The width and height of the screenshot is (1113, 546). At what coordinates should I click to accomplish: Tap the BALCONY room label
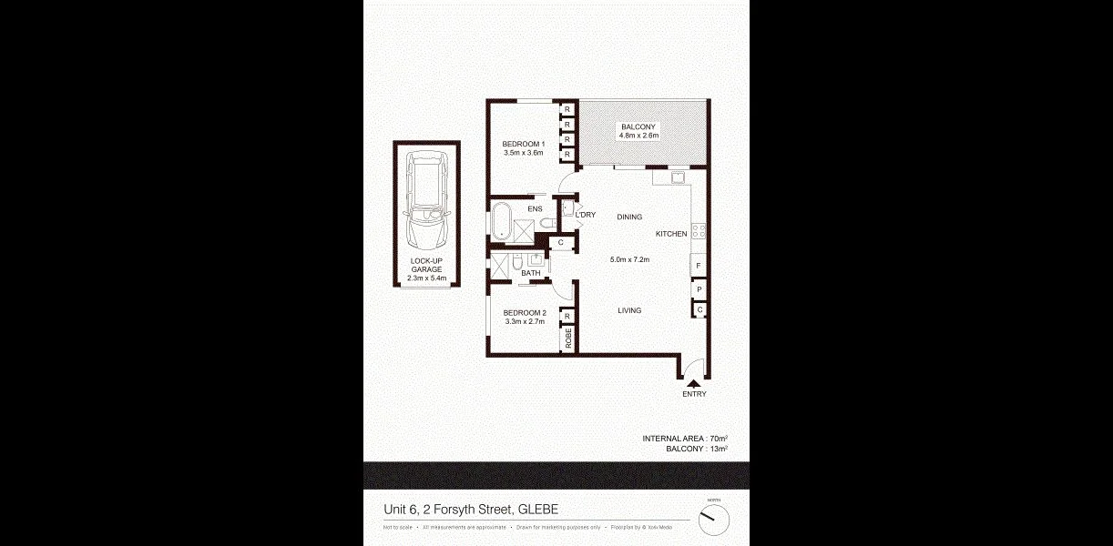[x=638, y=126]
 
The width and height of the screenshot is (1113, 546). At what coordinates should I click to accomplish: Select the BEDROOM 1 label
[x=523, y=144]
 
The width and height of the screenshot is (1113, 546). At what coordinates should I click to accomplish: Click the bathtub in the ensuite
[x=502, y=222]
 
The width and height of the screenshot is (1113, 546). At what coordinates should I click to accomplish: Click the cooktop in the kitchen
[x=699, y=230]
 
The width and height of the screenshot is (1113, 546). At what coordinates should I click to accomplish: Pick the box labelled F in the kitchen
[x=699, y=266]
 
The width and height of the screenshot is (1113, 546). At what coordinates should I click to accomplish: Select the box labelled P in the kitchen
[x=699, y=289]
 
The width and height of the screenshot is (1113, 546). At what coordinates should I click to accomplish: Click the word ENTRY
[x=693, y=394]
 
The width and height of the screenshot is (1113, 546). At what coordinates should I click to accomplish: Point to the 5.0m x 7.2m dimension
[x=628, y=259]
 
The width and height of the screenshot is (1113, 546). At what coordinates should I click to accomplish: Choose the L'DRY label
[x=585, y=215]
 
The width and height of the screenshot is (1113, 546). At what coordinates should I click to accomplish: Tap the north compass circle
[x=715, y=520]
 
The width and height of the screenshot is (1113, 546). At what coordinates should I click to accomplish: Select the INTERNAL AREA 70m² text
[x=684, y=439]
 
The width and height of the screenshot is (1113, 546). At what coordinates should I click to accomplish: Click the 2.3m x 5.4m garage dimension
[x=426, y=278]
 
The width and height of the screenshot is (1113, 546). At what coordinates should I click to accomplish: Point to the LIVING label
[x=629, y=310]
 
